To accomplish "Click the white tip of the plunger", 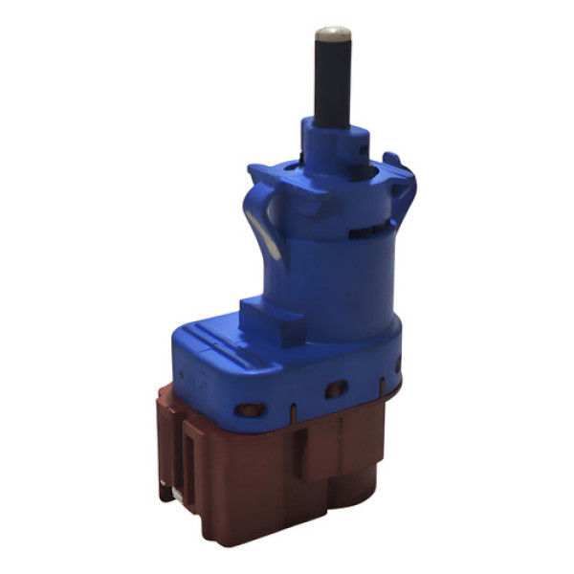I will (x=332, y=33).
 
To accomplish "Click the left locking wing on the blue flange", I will (x=277, y=182).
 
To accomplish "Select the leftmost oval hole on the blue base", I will (x=250, y=410).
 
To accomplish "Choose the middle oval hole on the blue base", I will (x=336, y=389).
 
